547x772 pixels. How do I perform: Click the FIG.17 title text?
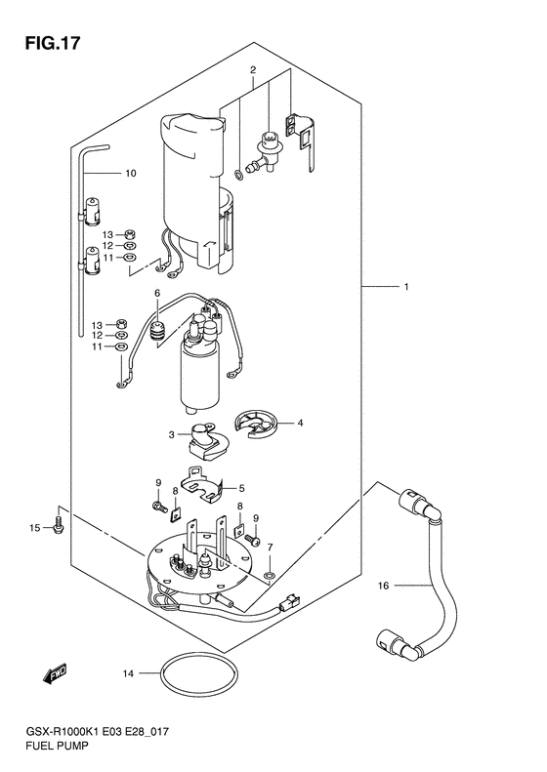pyautogui.click(x=52, y=43)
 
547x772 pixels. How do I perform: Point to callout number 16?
pyautogui.click(x=384, y=586)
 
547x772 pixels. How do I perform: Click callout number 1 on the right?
pyautogui.click(x=406, y=287)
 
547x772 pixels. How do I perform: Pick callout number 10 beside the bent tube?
pyautogui.click(x=131, y=174)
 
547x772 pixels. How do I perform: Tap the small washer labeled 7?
pyautogui.click(x=270, y=575)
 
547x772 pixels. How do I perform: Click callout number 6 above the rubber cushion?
pyautogui.click(x=157, y=294)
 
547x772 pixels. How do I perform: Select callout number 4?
pyautogui.click(x=300, y=423)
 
